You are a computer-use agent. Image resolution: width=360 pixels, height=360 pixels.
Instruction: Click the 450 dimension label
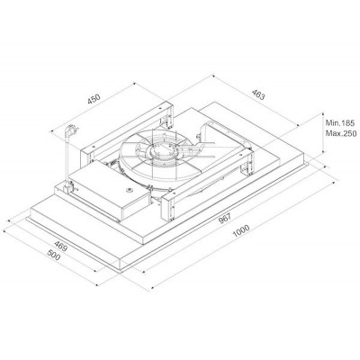pos(94,99)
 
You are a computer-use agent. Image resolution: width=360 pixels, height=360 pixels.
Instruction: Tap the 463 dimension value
pos(258,94)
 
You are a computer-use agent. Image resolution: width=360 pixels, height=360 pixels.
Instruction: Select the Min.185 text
pos(340,122)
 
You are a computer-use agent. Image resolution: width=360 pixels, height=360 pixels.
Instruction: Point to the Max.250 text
pos(341,133)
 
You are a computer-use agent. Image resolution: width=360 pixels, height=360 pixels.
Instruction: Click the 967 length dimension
pos(225,219)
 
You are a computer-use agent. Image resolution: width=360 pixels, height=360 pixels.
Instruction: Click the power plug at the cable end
pos(72,130)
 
